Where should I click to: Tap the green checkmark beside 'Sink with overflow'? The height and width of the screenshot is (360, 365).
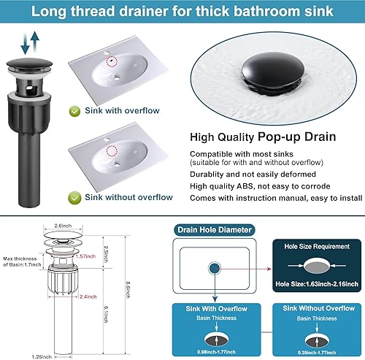pyautogui.click(x=74, y=112)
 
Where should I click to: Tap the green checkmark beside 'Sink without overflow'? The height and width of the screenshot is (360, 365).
pyautogui.click(x=74, y=196)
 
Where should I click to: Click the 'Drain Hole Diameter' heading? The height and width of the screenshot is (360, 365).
pyautogui.click(x=215, y=230)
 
